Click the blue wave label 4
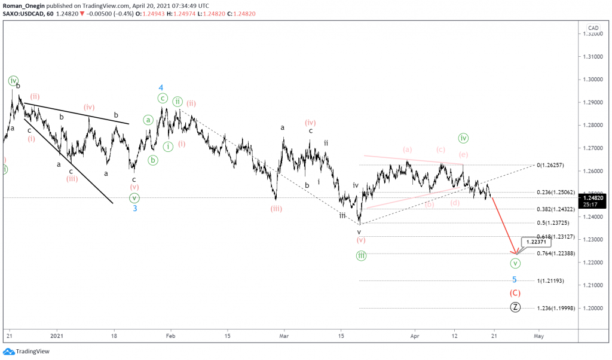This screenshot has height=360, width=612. click(x=161, y=87)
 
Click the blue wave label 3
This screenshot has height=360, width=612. click(x=135, y=209)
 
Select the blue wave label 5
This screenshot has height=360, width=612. click(x=514, y=279)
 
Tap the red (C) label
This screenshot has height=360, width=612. click(x=515, y=293)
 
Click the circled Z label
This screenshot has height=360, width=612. click(x=515, y=307)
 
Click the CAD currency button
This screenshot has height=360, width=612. click(x=593, y=28)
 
